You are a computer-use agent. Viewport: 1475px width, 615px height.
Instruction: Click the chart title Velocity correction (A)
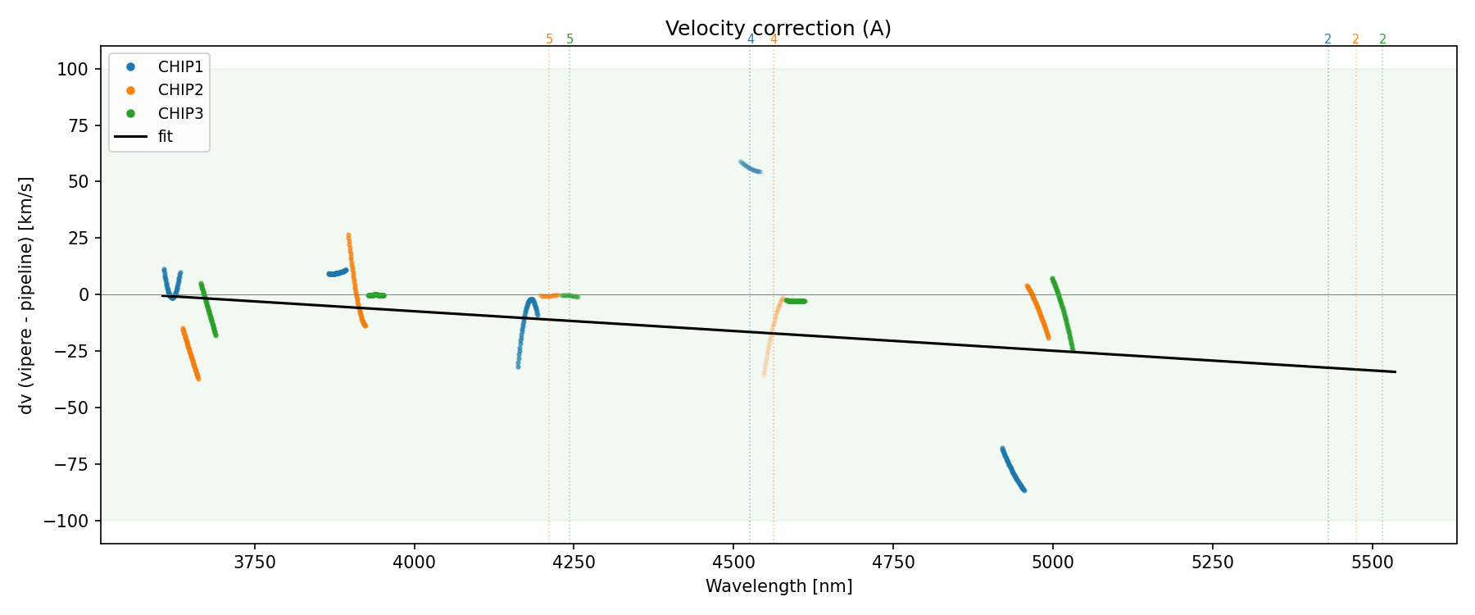tap(778, 29)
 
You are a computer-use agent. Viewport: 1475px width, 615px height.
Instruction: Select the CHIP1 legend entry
tap(180, 67)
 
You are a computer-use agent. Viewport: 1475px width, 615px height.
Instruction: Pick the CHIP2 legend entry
tap(180, 90)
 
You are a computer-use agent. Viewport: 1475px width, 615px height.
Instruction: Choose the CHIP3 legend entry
tap(180, 113)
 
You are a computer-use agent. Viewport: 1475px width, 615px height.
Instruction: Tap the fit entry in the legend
tap(166, 137)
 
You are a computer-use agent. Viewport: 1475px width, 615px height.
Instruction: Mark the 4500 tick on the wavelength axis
tap(733, 563)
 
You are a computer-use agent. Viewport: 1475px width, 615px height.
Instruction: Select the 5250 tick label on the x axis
tap(1212, 563)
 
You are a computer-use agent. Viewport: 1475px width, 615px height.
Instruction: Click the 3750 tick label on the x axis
tap(255, 563)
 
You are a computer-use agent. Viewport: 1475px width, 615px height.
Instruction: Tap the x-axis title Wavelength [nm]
tap(778, 587)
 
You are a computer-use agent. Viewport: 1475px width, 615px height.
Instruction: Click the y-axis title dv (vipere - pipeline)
tap(26, 295)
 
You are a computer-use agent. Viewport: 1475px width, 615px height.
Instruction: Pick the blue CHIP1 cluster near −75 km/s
tap(1013, 470)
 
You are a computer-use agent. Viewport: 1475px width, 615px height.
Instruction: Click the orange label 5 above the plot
tap(549, 39)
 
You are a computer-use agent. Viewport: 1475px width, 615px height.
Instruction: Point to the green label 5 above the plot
tap(570, 39)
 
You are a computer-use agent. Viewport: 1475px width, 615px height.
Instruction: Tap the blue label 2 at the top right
tap(1327, 39)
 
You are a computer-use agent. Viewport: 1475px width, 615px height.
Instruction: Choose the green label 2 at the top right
tap(1382, 39)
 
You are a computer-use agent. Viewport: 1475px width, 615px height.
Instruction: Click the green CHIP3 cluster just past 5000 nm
tap(1063, 312)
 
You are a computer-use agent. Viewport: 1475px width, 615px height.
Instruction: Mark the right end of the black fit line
tap(1395, 372)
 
